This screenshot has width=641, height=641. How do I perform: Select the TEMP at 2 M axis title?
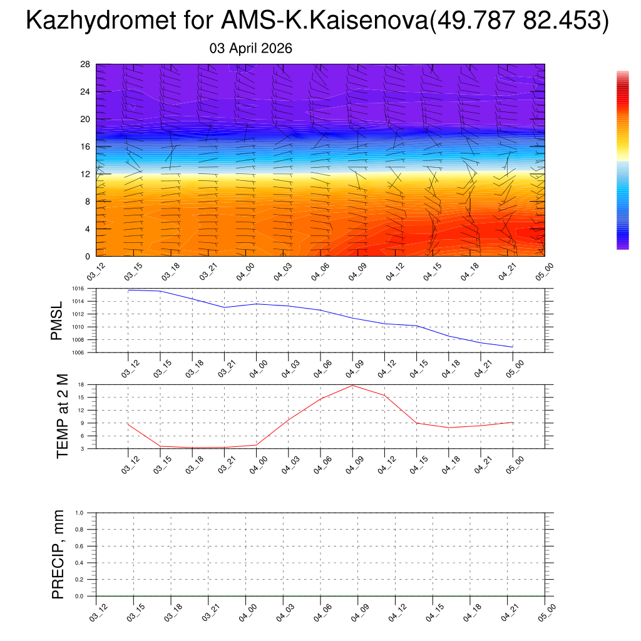(62, 417)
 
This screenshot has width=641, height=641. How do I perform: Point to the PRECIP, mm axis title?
(58, 555)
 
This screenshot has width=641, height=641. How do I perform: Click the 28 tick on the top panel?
(86, 64)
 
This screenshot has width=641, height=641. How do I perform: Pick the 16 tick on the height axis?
(86, 147)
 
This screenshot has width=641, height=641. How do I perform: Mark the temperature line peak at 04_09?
(352, 385)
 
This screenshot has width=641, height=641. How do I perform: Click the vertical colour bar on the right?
(622, 160)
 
